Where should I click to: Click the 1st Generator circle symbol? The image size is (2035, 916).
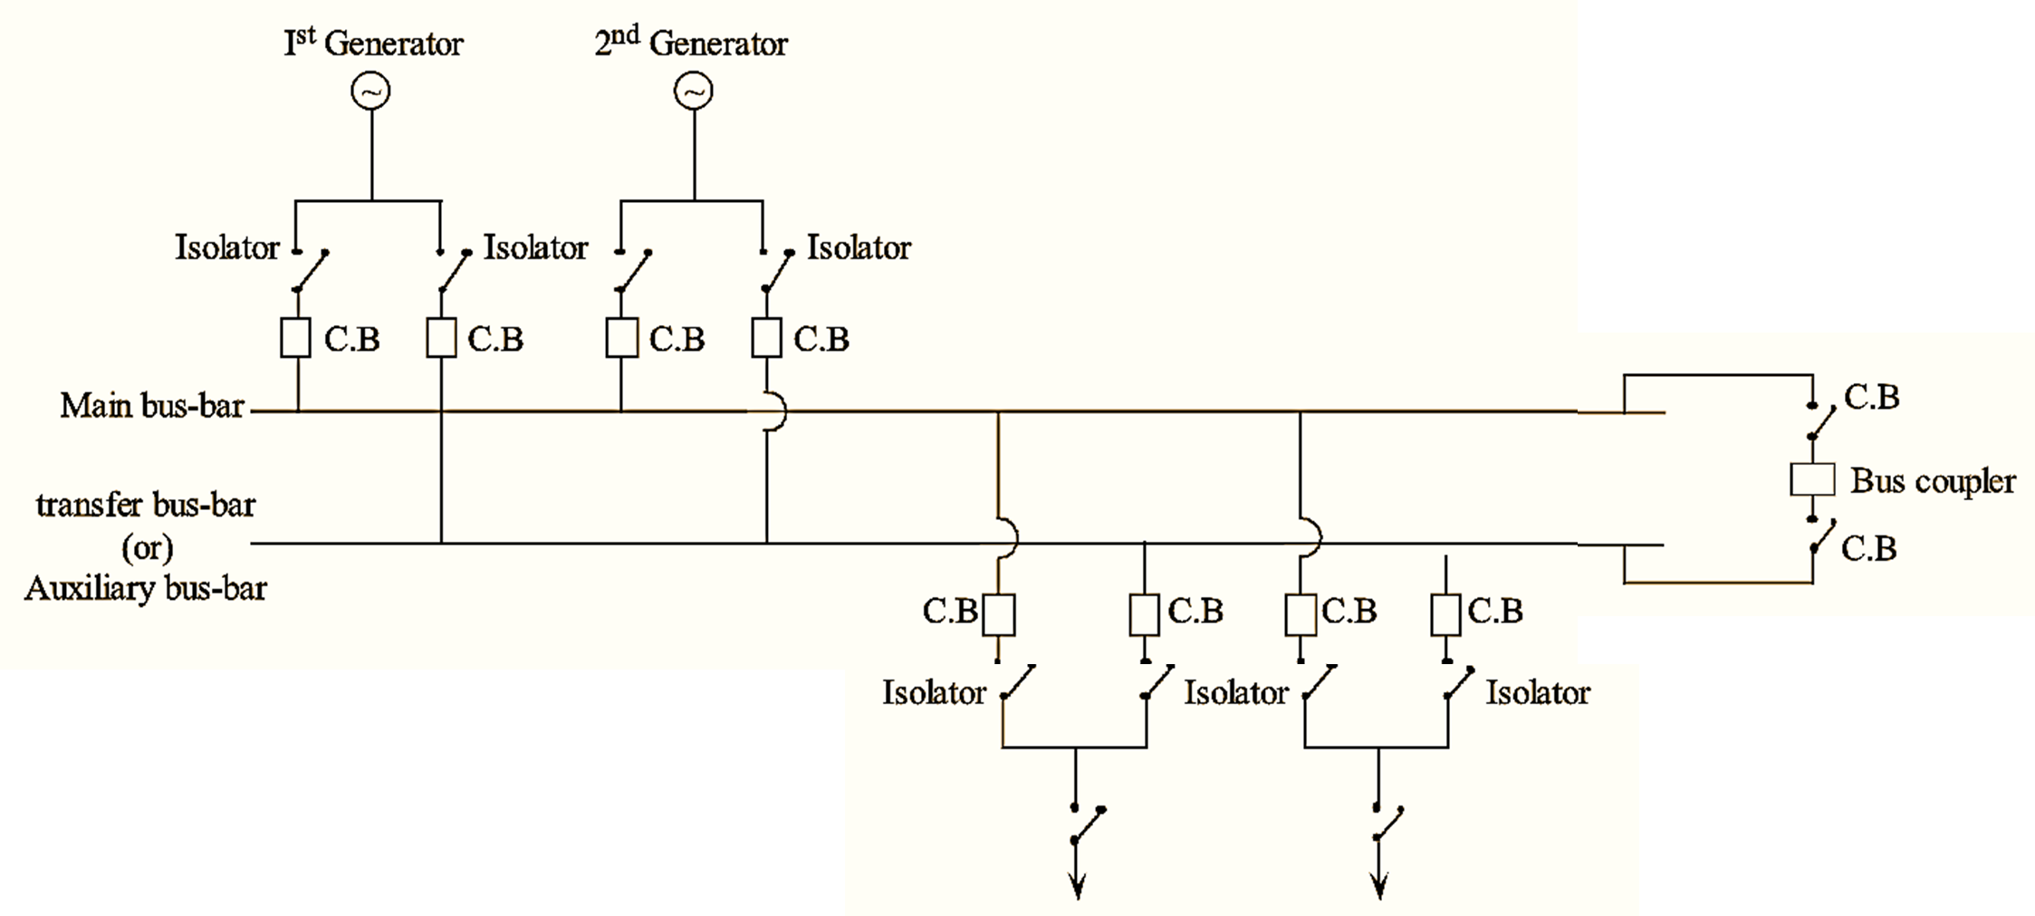[371, 92]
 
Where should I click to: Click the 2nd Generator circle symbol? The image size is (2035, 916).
[694, 92]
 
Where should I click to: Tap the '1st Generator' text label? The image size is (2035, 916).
[373, 43]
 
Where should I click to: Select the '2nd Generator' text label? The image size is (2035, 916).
[691, 43]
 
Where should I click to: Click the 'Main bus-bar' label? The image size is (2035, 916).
[152, 406]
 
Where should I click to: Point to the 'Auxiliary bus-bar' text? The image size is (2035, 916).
[146, 589]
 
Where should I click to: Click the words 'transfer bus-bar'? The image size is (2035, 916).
[146, 505]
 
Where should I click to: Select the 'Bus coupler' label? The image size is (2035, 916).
[1933, 481]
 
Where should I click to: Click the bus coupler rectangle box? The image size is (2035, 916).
[1812, 479]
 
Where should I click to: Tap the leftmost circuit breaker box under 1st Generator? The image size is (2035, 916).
[295, 339]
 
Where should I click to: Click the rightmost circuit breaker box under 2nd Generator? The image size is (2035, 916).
[766, 339]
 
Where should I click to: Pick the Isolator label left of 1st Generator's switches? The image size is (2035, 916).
[227, 247]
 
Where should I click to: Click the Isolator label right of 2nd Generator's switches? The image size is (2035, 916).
[859, 247]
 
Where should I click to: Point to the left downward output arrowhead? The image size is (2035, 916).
[1077, 888]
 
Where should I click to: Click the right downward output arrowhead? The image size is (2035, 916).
[1379, 888]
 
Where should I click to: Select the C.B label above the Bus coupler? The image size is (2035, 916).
[1872, 397]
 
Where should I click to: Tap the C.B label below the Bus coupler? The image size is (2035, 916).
[1869, 548]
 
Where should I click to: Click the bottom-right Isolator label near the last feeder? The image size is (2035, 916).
[1538, 693]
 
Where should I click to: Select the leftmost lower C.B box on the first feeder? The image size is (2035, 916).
[999, 614]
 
